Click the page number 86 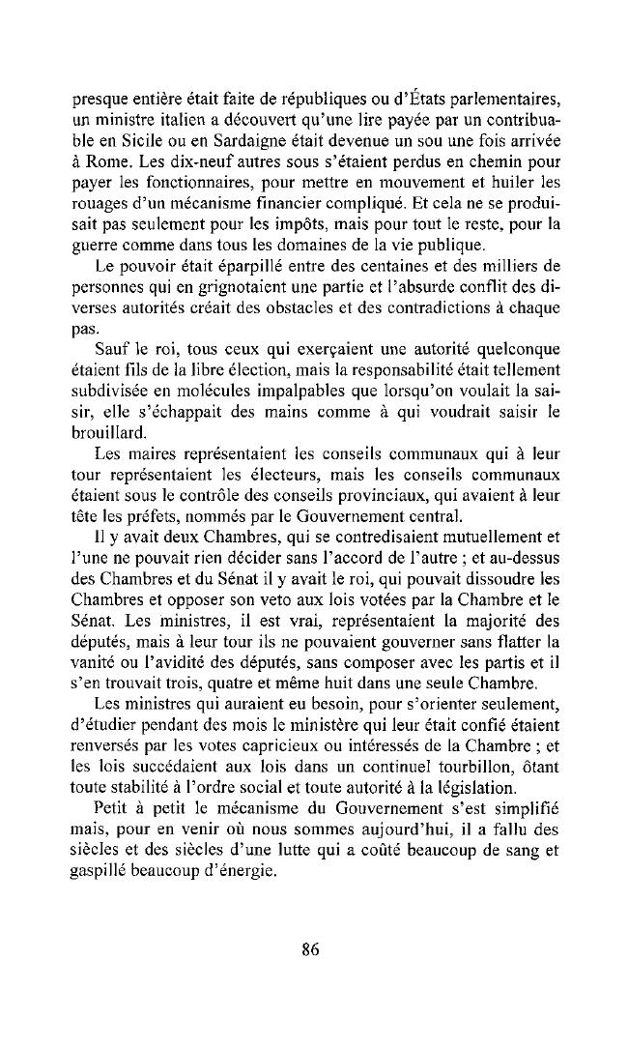pos(309,948)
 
